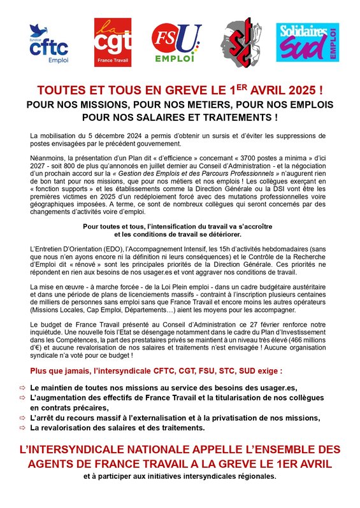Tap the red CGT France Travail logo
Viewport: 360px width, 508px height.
coord(113,43)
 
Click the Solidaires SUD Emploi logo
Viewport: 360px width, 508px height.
coord(306,43)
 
